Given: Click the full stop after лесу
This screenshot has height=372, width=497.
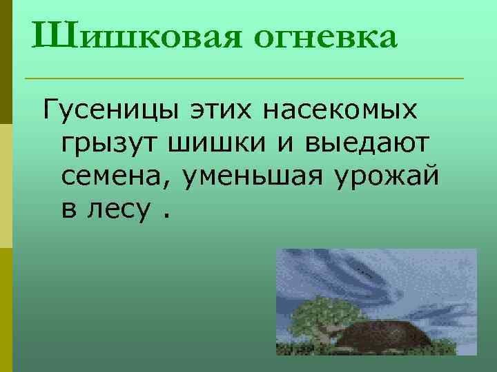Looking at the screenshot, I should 166,215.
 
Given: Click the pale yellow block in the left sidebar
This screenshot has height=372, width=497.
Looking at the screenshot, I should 6,185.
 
